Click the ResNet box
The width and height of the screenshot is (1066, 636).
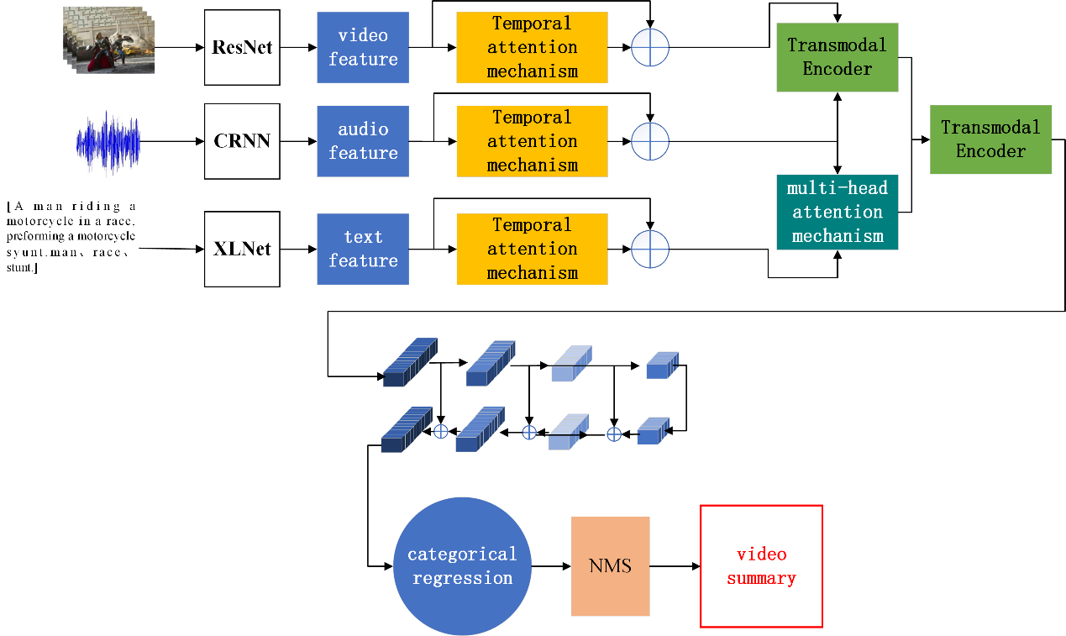242,47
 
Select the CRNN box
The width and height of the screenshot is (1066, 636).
242,141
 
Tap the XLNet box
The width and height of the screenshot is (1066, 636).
242,250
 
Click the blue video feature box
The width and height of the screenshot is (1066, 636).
363,47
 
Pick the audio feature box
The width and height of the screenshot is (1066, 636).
363,141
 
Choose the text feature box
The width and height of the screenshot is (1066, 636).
363,250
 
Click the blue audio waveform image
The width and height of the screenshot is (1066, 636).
108,142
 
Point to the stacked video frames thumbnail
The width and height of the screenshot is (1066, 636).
108,40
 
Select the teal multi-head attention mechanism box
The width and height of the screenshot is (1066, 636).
838,212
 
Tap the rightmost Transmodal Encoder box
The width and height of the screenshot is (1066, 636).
990,139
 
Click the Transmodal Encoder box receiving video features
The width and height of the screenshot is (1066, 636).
838,57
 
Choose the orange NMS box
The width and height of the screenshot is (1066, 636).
610,566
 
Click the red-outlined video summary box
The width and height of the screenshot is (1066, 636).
761,566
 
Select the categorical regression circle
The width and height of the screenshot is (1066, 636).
462,566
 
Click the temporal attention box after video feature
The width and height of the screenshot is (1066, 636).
532,47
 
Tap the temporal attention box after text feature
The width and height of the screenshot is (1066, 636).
532,249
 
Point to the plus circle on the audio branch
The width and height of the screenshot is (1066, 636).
649,141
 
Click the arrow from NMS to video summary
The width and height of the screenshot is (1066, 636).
675,566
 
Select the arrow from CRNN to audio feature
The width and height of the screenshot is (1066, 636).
298,141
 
